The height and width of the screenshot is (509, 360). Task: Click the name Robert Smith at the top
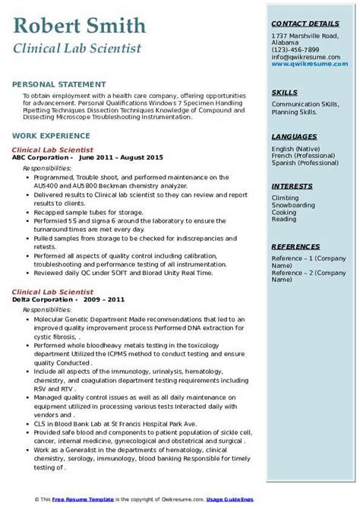tap(80, 27)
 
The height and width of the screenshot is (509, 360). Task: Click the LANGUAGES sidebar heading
tap(295, 136)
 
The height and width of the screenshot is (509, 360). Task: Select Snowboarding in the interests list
tap(293, 205)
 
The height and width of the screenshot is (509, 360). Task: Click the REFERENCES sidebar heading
tap(296, 247)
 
